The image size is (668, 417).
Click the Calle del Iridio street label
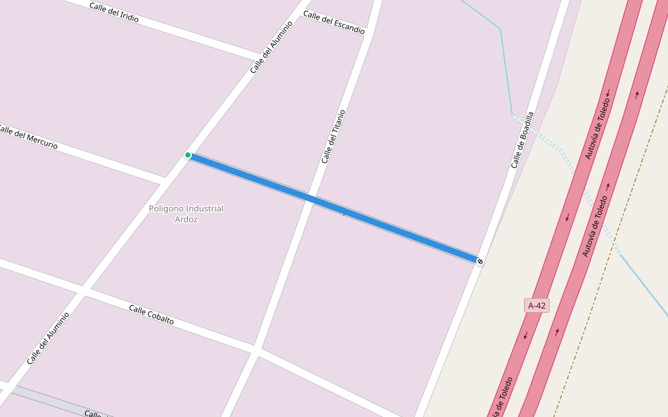[114, 13]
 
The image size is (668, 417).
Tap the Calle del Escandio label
[334, 23]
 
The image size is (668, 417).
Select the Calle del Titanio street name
[333, 136]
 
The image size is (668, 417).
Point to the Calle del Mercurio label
[28, 136]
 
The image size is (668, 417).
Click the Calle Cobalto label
[151, 315]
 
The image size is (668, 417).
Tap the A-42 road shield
[536, 305]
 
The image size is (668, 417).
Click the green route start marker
[188, 155]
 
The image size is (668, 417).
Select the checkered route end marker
[479, 261]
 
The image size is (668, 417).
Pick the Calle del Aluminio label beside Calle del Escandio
[271, 47]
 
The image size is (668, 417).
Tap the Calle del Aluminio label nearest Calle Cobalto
[48, 338]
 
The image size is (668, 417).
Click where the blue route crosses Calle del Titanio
[310, 199]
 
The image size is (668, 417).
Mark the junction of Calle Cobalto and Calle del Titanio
[256, 349]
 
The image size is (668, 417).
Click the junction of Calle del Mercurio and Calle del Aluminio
[166, 181]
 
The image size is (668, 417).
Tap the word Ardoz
[186, 220]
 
